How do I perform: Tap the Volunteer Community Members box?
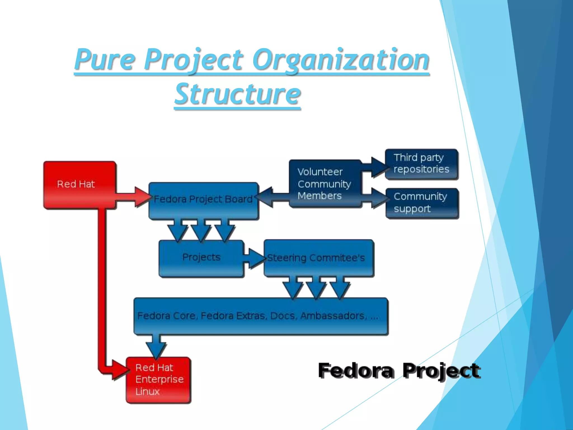pyautogui.click(x=325, y=184)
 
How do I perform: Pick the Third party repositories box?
pyautogui.click(x=421, y=164)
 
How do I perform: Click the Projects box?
pyautogui.click(x=201, y=258)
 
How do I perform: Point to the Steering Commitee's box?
pyautogui.click(x=318, y=258)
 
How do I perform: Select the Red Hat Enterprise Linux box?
pyautogui.click(x=159, y=380)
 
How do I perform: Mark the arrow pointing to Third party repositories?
pyautogui.click(x=375, y=167)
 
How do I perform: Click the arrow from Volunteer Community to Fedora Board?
pyautogui.click(x=273, y=197)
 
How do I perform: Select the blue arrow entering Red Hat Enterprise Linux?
pyautogui.click(x=156, y=345)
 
